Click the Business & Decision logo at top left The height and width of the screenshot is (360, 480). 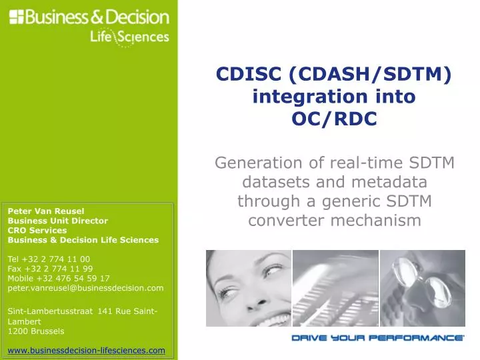point(89,17)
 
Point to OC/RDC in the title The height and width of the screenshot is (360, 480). point(334,119)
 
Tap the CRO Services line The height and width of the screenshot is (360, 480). point(37,230)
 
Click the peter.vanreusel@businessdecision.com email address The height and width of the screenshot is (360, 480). point(85,288)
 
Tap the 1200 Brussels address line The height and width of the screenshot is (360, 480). point(36,331)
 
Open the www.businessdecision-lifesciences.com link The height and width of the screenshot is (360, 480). point(86,350)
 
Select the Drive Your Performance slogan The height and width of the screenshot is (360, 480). point(377,338)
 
